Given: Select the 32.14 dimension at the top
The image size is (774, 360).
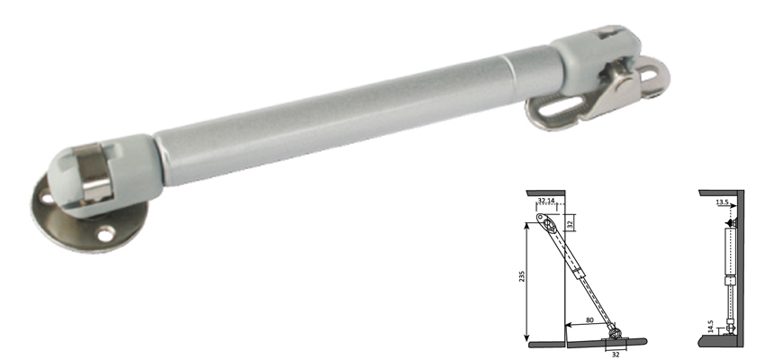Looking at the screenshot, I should pyautogui.click(x=547, y=202).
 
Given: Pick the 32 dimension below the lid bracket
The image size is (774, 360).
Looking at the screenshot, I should pyautogui.click(x=615, y=354).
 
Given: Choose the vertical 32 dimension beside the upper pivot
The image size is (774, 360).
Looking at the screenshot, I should pyautogui.click(x=570, y=221).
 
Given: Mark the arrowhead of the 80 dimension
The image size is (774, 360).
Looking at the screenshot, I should pyautogui.click(x=567, y=322).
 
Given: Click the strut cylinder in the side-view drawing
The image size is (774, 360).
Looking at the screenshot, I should pyautogui.click(x=729, y=254).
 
